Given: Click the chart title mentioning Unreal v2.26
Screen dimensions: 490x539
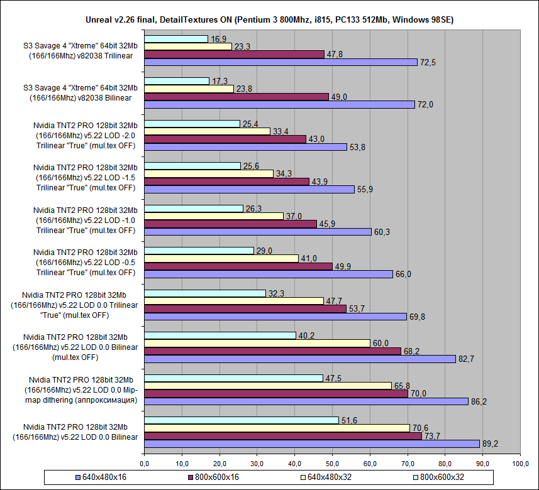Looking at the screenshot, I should (269, 20).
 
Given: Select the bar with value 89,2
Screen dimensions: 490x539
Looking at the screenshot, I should (312, 444).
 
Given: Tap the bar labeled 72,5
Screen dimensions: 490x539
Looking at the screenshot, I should (281, 62).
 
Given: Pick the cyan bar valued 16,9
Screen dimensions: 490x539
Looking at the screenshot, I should (176, 39).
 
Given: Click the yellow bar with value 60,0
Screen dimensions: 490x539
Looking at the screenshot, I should (257, 343).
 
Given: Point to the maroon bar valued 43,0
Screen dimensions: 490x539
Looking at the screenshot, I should (225, 139).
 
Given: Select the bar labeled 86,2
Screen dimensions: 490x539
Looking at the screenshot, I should (306, 401).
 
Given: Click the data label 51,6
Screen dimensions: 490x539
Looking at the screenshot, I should (348, 420).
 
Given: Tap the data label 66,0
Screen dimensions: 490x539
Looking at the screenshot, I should (403, 274).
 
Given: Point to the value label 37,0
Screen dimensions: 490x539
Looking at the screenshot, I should (293, 215).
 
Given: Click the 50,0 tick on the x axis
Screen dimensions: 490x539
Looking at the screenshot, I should (333, 464).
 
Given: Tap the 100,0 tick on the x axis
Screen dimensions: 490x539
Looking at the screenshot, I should (520, 464).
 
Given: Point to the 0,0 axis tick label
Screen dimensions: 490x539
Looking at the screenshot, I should (145, 464).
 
